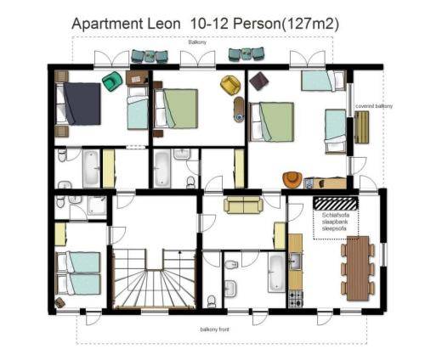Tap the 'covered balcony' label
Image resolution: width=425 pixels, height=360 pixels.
click(373, 106)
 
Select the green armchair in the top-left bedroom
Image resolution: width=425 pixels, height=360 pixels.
click(111, 81)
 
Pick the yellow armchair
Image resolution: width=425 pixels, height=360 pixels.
click(228, 84)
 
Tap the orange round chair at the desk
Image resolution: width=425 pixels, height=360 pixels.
click(292, 179)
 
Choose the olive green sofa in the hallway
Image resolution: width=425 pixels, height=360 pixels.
click(243, 205)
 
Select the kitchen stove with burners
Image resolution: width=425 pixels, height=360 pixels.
click(296, 297)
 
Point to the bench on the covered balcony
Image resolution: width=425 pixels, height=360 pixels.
click(362, 127)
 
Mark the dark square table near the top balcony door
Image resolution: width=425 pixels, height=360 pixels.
click(259, 82)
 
